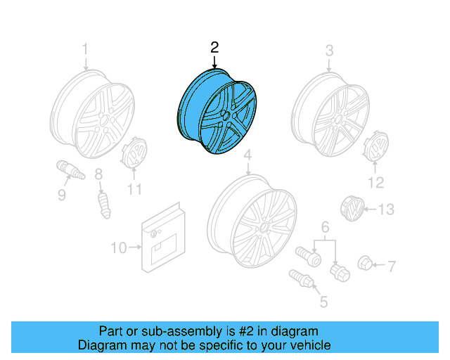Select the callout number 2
coord(214,47)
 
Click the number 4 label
coord(247,155)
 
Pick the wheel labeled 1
coord(94,116)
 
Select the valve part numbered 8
coord(104,202)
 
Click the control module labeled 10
coord(134,156)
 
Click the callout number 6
coord(325,227)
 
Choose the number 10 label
coord(119,247)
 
